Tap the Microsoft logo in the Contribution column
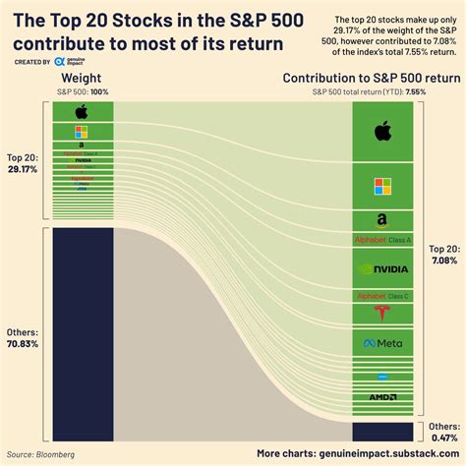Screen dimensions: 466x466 point(382,184)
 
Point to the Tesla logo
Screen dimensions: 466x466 point(382,314)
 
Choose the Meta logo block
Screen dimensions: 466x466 point(382,343)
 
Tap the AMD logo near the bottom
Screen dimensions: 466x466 point(382,396)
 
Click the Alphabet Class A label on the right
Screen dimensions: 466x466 point(382,240)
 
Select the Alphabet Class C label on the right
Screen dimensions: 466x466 point(382,295)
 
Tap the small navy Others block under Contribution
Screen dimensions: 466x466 point(382,432)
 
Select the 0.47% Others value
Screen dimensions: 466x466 point(443,439)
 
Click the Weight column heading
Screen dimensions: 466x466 point(82,78)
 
